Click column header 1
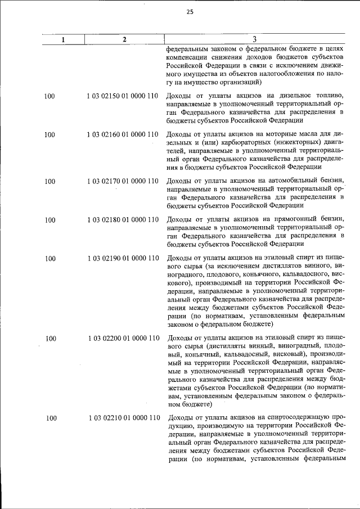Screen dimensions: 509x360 [x=63, y=39]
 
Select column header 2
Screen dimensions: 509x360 [x=124, y=39]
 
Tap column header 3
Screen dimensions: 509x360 [x=254, y=39]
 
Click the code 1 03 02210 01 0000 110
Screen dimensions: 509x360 [x=124, y=418]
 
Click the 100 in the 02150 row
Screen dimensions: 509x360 [x=49, y=97]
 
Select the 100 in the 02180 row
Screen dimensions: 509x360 [x=49, y=220]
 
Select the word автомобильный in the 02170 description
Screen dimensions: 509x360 [x=288, y=182]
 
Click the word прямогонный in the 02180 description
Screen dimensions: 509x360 [x=291, y=220]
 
